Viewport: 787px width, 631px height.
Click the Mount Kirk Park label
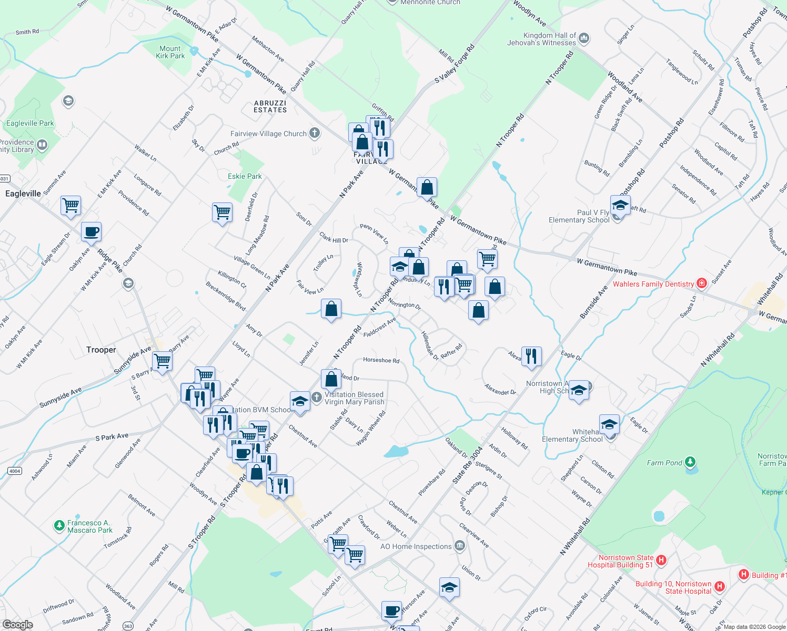[x=170, y=52]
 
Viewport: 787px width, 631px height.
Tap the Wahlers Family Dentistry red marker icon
[x=701, y=283]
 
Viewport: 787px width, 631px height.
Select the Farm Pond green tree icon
[x=690, y=463]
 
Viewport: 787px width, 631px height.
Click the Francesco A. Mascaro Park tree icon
[x=59, y=525]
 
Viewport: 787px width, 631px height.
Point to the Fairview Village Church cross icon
[x=315, y=133]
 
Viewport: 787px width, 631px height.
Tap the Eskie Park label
[x=245, y=176]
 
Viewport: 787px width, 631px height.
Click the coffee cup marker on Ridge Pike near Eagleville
[x=91, y=232]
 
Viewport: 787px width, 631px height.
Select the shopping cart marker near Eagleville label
[x=70, y=205]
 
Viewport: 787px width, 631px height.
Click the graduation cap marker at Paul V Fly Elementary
[x=620, y=205]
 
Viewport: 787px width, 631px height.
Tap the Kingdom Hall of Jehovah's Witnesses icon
[x=584, y=38]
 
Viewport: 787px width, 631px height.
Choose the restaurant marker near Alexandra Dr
[x=531, y=356]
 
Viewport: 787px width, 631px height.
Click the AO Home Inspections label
[x=416, y=546]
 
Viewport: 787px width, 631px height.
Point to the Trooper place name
[x=101, y=350]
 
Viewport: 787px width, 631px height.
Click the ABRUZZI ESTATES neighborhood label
[x=270, y=106]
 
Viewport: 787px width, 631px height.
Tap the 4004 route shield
[x=15, y=471]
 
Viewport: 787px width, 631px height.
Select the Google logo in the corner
[x=18, y=624]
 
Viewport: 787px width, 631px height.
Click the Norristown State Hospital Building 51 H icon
[x=662, y=561]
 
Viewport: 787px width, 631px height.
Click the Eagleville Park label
[x=30, y=123]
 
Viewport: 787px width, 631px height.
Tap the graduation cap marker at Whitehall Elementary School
[x=609, y=424]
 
